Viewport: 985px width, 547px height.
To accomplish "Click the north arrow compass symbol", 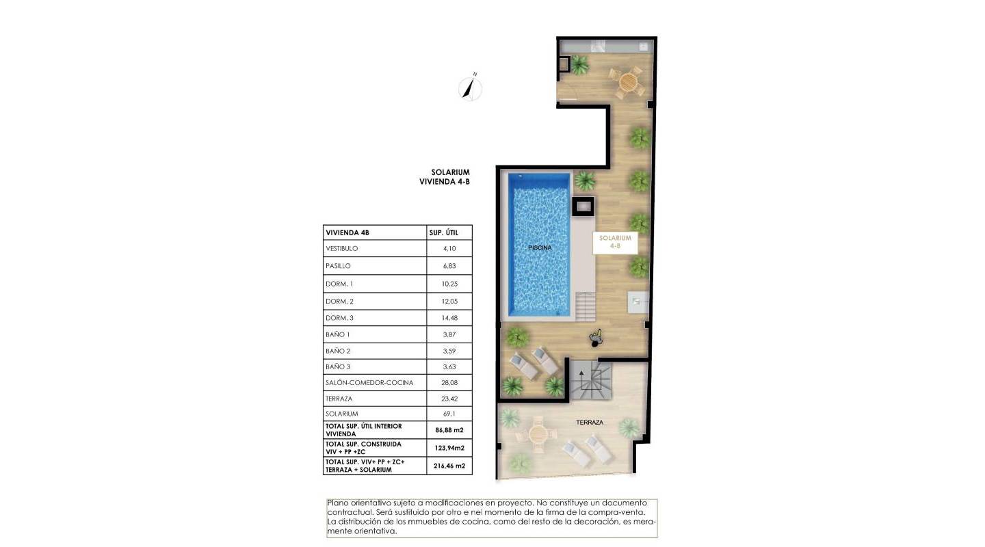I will pyautogui.click(x=470, y=88).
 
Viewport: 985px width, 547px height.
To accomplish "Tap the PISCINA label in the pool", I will pyautogui.click(x=539, y=248).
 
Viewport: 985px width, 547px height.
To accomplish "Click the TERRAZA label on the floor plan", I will pyautogui.click(x=589, y=423).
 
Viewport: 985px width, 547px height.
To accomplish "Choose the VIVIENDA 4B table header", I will pyautogui.click(x=347, y=233).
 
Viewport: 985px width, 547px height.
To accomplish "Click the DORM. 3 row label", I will pyautogui.click(x=340, y=318).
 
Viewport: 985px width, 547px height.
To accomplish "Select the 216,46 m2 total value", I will pyautogui.click(x=449, y=466).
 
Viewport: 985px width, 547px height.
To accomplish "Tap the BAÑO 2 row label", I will pyautogui.click(x=338, y=351).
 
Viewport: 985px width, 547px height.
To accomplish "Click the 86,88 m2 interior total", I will pyautogui.click(x=449, y=430).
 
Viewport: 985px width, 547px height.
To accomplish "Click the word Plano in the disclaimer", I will pyautogui.click(x=339, y=503).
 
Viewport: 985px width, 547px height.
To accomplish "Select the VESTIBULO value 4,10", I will pyautogui.click(x=449, y=249).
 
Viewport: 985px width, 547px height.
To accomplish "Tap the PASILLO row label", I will pyautogui.click(x=338, y=266).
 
